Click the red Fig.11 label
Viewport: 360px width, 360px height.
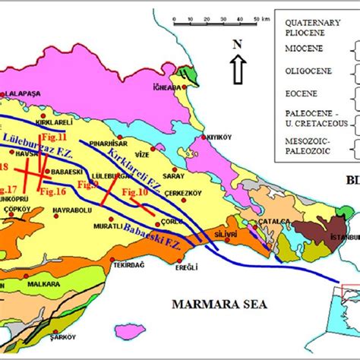click(x=52, y=137)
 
